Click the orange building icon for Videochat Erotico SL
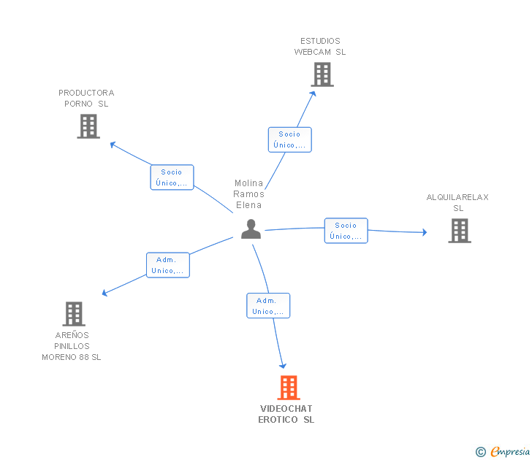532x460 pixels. (289, 388)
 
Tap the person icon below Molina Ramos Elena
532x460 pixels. (251, 229)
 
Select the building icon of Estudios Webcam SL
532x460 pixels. (322, 74)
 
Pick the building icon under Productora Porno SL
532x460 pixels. (88, 126)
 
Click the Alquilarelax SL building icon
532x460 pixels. (460, 231)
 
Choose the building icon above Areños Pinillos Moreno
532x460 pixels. (74, 314)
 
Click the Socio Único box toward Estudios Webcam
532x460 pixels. (289, 139)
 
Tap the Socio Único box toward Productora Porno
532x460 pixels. (172, 177)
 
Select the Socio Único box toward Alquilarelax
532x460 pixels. (346, 231)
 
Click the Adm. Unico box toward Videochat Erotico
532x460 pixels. (268, 305)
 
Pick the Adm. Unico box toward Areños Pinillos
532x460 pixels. (168, 265)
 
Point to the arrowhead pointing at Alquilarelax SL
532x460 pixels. (425, 232)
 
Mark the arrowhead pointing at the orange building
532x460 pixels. (283, 366)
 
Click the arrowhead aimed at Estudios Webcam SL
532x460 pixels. (313, 94)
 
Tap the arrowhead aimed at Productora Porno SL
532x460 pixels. (113, 145)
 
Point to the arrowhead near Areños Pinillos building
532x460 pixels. (104, 293)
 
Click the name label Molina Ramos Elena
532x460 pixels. (248, 194)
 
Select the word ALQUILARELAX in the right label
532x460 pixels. (457, 197)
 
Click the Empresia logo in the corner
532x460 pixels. (510, 451)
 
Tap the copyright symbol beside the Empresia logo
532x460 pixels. (481, 452)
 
